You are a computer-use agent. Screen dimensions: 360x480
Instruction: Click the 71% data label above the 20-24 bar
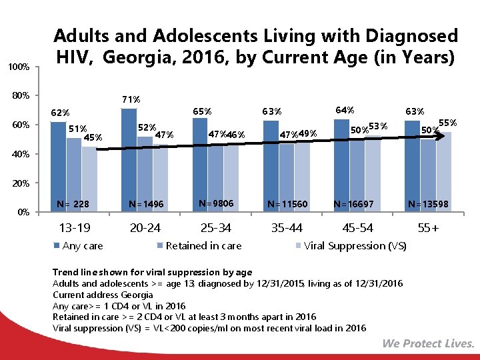131,99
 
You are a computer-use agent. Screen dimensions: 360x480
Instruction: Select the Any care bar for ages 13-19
58,167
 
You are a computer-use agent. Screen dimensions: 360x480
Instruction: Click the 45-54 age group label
359,228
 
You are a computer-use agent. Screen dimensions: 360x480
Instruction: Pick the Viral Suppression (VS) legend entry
351,246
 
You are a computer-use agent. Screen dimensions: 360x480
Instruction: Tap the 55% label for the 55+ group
447,123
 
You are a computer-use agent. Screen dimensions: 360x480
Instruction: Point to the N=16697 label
358,203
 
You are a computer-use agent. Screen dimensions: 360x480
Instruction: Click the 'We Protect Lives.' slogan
429,344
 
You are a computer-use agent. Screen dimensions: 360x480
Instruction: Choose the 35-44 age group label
287,228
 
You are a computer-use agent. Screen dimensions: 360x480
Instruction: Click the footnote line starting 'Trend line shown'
152,272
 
